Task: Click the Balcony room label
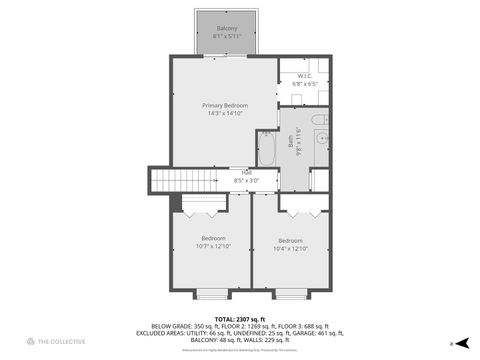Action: (x=226, y=28)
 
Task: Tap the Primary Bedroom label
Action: (x=225, y=106)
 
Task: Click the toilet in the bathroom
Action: (x=318, y=121)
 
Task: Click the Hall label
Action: (x=246, y=172)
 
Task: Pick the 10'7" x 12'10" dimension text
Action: (x=213, y=246)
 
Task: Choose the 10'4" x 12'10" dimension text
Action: (x=290, y=248)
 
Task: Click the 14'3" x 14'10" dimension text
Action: (x=225, y=114)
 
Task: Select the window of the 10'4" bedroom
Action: (x=289, y=294)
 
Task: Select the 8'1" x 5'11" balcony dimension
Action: (x=226, y=36)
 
